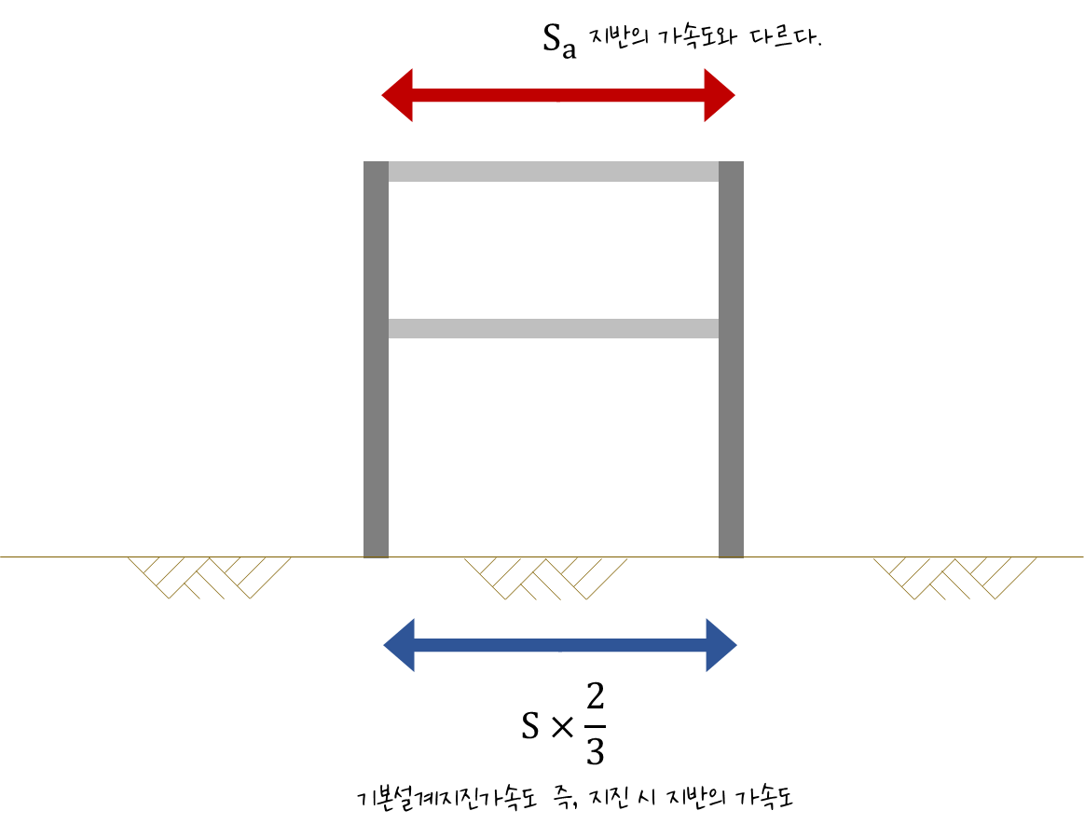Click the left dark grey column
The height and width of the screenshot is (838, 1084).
[376, 419]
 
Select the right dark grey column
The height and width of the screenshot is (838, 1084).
[731, 419]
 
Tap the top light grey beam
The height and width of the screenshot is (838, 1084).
[554, 172]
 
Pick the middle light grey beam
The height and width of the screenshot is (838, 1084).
[554, 328]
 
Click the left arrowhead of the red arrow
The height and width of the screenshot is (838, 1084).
[399, 95]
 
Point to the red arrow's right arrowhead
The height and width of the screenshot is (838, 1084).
[719, 95]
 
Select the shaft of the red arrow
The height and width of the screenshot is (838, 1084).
[558, 95]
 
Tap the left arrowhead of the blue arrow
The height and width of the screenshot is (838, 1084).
[401, 645]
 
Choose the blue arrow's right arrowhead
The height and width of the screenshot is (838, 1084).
[720, 645]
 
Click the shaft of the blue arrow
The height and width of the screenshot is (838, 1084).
[560, 645]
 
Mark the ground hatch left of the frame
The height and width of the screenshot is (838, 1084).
[210, 577]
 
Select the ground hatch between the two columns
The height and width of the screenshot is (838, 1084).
[546, 577]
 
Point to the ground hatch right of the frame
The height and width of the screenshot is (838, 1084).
[955, 577]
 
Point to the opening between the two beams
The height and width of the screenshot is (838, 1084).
[554, 250]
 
